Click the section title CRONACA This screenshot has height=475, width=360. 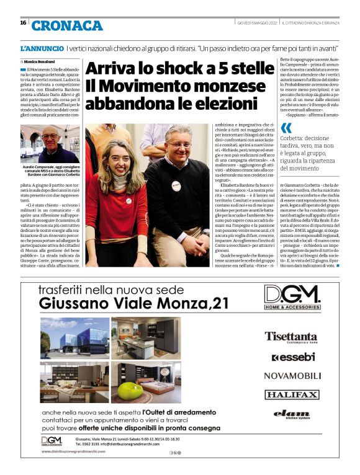click(67, 25)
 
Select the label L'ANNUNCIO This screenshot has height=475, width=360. click(42, 48)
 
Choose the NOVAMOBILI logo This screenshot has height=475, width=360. click(291, 375)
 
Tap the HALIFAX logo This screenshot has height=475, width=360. click(291, 394)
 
